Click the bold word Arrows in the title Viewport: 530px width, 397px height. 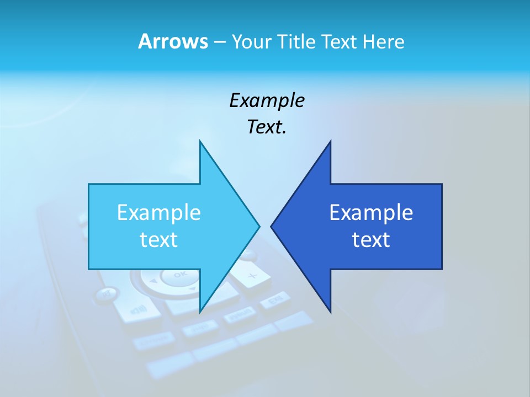(x=173, y=41)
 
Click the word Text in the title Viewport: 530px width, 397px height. (x=340, y=41)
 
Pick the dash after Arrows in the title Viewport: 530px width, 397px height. (x=219, y=42)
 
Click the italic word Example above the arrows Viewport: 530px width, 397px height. (x=267, y=100)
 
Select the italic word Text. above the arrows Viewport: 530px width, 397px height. (x=267, y=127)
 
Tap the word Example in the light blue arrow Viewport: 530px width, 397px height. (x=158, y=213)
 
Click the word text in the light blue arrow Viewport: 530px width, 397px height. (x=158, y=240)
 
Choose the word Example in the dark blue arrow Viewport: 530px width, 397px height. (x=371, y=213)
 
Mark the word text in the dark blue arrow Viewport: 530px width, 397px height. (x=371, y=240)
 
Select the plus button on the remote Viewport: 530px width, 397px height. (x=252, y=276)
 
